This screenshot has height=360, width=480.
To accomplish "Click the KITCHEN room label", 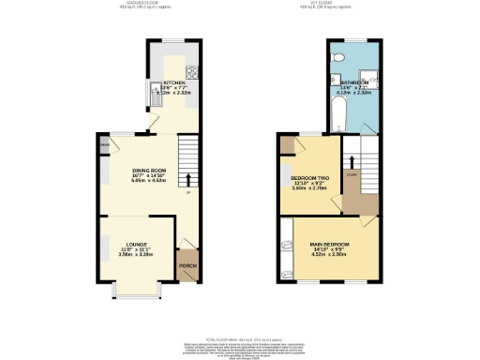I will [174, 82].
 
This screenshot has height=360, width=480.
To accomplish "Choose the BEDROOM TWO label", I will [309, 177].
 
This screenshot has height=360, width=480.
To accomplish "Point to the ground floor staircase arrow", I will [189, 179].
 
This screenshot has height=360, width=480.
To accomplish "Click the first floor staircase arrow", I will [352, 164].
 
